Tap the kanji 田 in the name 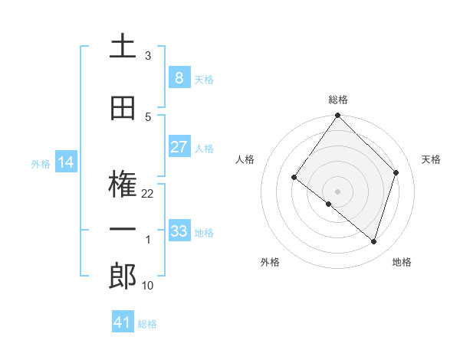click(x=123, y=109)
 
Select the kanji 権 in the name click(x=123, y=184)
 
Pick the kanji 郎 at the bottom click(x=123, y=277)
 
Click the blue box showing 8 click(x=179, y=78)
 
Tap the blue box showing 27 click(x=179, y=147)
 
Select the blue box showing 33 click(x=179, y=231)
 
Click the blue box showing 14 click(x=65, y=162)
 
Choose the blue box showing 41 click(x=123, y=322)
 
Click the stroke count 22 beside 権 click(x=148, y=194)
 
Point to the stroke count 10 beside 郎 click(x=148, y=286)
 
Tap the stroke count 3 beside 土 click(x=148, y=56)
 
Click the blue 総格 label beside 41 click(x=147, y=324)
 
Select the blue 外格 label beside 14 click(x=40, y=163)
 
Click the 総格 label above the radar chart click(x=337, y=100)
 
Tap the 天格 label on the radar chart click(x=431, y=159)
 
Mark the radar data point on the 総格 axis click(x=337, y=116)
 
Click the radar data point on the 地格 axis click(x=374, y=241)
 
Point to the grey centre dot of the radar click(x=337, y=191)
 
